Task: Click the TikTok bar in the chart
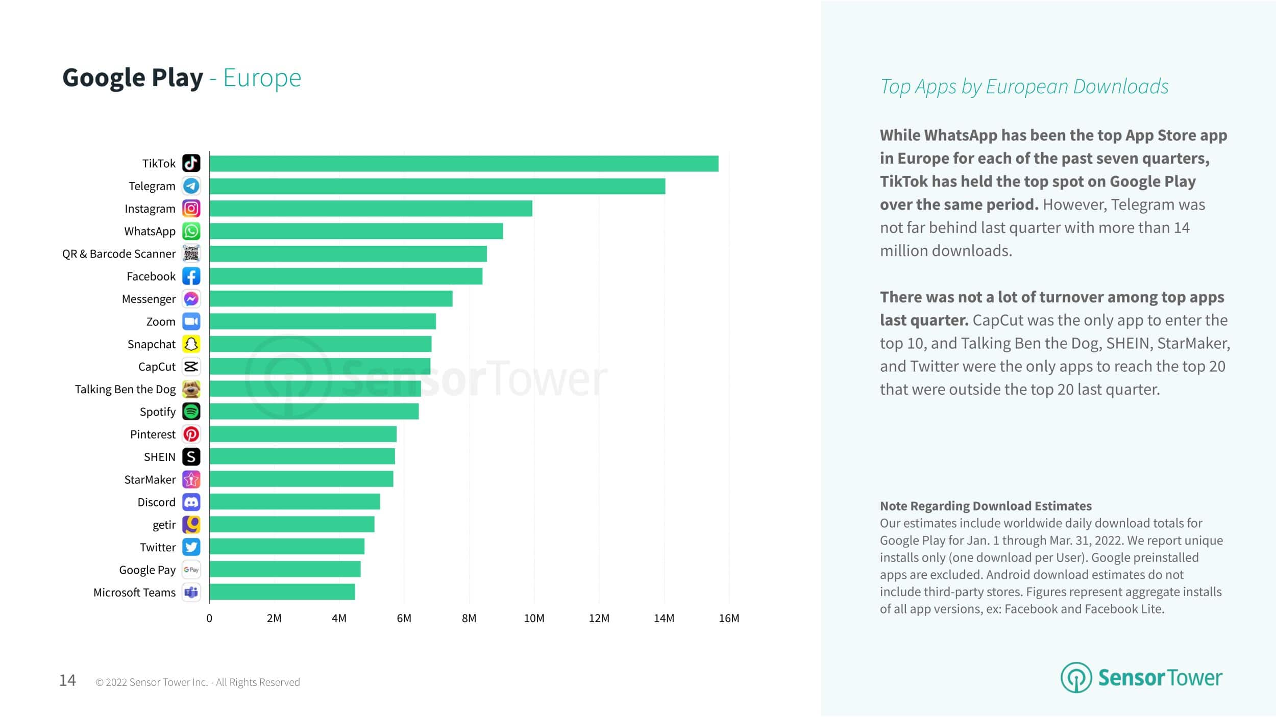pyautogui.click(x=463, y=164)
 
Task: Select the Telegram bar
pyautogui.click(x=437, y=186)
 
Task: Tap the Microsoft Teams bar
pyautogui.click(x=282, y=592)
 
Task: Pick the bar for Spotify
pyautogui.click(x=314, y=412)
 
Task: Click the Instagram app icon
pyautogui.click(x=191, y=209)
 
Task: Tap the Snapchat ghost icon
pyautogui.click(x=191, y=344)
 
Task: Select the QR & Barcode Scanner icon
pyautogui.click(x=191, y=253)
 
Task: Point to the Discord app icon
pyautogui.click(x=191, y=502)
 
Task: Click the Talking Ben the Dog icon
pyautogui.click(x=191, y=389)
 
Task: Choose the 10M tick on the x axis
pyautogui.click(x=534, y=618)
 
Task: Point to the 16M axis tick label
pyautogui.click(x=729, y=618)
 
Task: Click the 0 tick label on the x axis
pyautogui.click(x=209, y=618)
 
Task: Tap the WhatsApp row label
pyautogui.click(x=150, y=232)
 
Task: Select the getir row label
pyautogui.click(x=164, y=525)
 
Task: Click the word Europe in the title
pyautogui.click(x=262, y=78)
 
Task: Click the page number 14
pyautogui.click(x=67, y=680)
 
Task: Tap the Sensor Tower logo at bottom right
pyautogui.click(x=1141, y=678)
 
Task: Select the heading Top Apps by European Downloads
pyautogui.click(x=1024, y=86)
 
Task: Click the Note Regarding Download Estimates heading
pyautogui.click(x=986, y=506)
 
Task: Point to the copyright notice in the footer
pyautogui.click(x=198, y=682)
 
